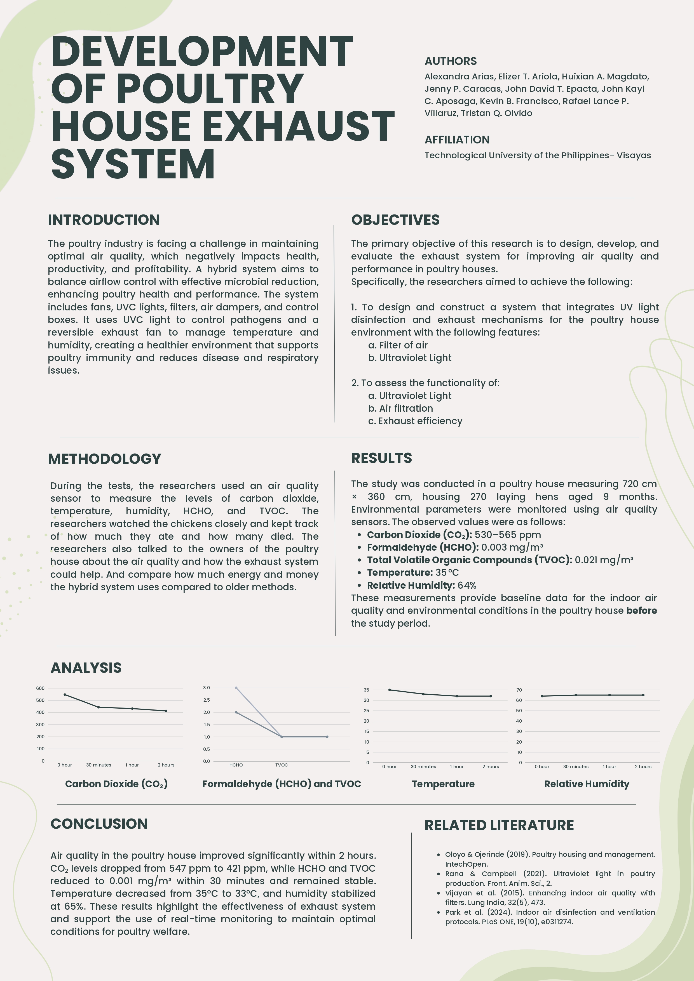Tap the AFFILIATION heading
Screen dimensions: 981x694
[x=457, y=140]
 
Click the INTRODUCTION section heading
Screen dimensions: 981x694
[x=104, y=220]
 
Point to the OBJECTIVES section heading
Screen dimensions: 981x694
[x=395, y=220]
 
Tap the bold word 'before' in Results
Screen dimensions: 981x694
[x=641, y=610]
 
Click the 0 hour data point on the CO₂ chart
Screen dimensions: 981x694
[x=65, y=694]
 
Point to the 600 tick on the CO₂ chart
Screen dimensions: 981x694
[x=40, y=688]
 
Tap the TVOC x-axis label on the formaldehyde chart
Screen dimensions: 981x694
[x=281, y=765]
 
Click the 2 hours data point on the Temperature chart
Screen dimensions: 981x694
[x=491, y=696]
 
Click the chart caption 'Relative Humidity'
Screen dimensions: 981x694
[x=586, y=784]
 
